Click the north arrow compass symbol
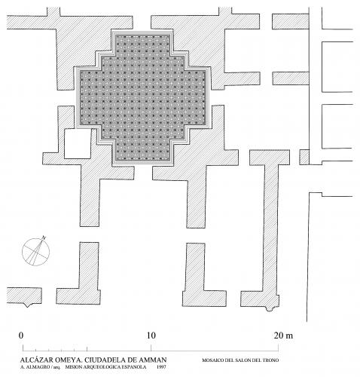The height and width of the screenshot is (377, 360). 35,251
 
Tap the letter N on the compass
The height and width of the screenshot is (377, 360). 44,238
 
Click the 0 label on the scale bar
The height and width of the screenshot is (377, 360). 21,336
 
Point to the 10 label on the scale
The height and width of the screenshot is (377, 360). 151,336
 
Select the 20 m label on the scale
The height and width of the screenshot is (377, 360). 283,336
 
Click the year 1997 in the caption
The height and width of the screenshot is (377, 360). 161,367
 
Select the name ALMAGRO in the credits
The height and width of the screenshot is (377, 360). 41,367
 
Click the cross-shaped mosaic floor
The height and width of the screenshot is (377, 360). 142,99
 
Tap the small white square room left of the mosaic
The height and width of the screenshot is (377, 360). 78,144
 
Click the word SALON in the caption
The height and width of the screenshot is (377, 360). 243,360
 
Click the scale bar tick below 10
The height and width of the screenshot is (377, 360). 151,348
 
